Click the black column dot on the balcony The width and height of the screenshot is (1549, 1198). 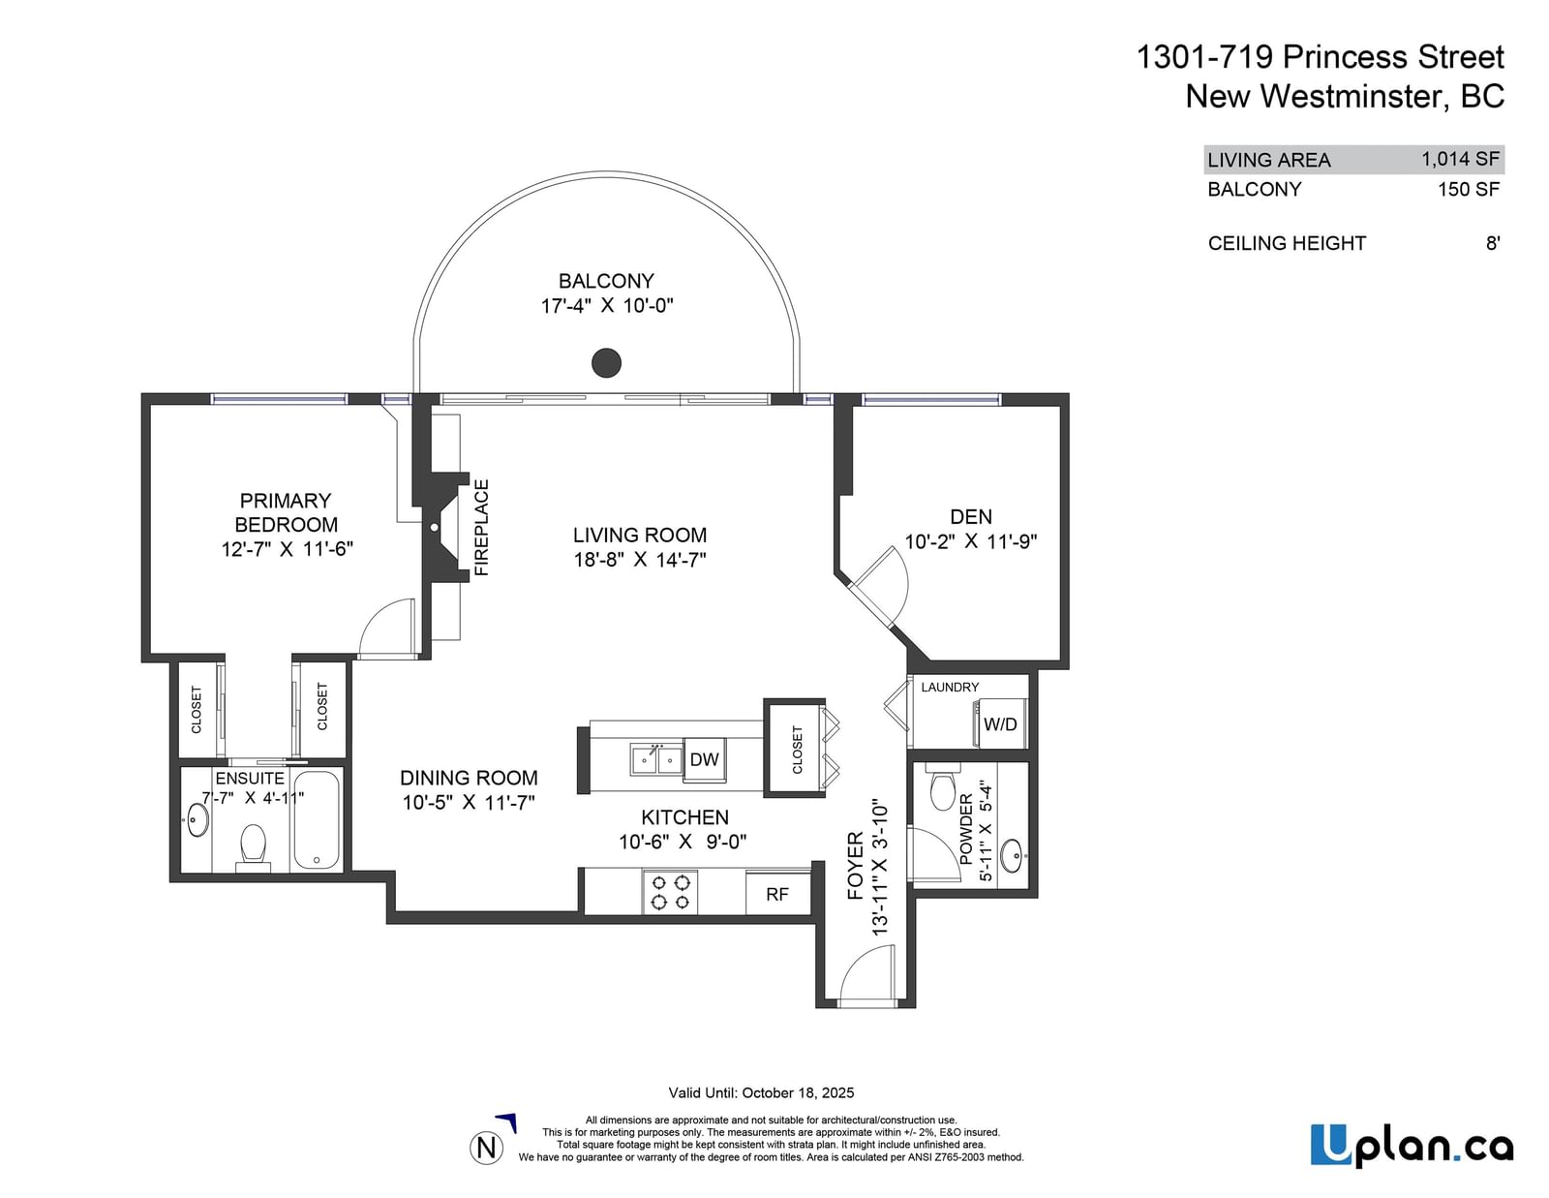606,363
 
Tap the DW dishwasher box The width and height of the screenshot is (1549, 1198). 704,759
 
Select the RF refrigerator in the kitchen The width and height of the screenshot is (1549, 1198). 777,894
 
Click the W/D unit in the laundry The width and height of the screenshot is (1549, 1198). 999,723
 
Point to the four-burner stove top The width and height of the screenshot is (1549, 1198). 670,892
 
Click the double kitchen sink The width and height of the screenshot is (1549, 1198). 655,759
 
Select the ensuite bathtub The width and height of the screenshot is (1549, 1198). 316,819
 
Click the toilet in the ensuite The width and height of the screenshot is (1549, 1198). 253,847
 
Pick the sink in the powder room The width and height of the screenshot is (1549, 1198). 1012,856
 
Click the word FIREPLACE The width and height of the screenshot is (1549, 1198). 482,528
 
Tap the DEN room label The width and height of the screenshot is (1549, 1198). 971,516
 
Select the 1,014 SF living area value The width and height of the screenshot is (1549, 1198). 1461,158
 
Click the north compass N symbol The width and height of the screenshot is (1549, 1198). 486,1148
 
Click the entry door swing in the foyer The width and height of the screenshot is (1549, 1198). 867,972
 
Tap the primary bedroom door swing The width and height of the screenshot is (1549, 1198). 386,628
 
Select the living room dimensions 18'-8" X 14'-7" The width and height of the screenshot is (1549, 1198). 640,560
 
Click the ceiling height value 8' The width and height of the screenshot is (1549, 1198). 1493,243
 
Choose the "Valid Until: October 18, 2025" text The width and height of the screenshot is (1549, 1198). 761,1092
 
